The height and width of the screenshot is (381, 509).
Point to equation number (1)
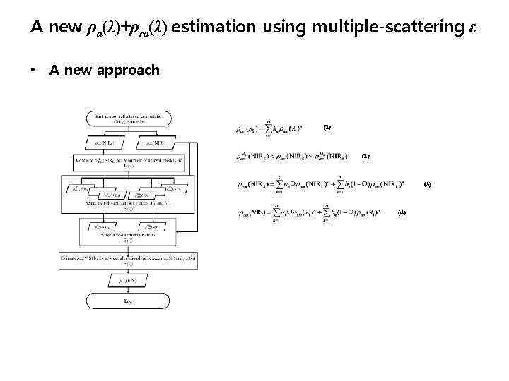(x=327, y=128)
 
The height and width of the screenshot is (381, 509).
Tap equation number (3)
(x=426, y=185)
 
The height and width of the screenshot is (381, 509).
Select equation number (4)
(x=402, y=212)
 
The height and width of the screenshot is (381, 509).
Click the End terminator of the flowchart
(x=128, y=301)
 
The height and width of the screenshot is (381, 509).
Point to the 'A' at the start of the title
(x=37, y=28)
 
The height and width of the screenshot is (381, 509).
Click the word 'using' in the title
(x=283, y=28)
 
